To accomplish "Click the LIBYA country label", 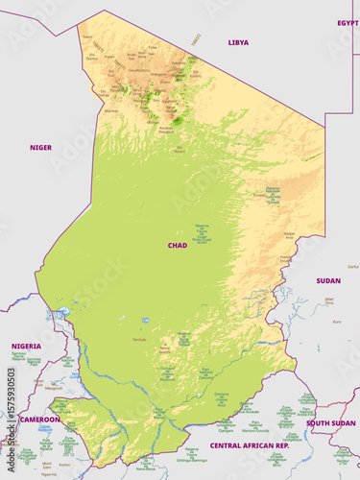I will pyautogui.click(x=238, y=43).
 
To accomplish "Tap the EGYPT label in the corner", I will pyautogui.click(x=348, y=22).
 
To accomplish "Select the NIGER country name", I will pyautogui.click(x=41, y=148).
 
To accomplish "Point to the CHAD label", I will pyautogui.click(x=178, y=246).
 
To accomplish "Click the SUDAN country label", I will pyautogui.click(x=328, y=281).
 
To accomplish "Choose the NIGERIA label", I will pyautogui.click(x=26, y=346).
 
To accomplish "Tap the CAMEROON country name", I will pyautogui.click(x=40, y=420).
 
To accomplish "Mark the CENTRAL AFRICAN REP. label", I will pyautogui.click(x=250, y=446).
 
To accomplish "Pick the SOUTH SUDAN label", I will pyautogui.click(x=330, y=422).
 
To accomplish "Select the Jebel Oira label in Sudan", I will pyautogui.click(x=328, y=300).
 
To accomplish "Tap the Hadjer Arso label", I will pyautogui.click(x=289, y=234).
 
